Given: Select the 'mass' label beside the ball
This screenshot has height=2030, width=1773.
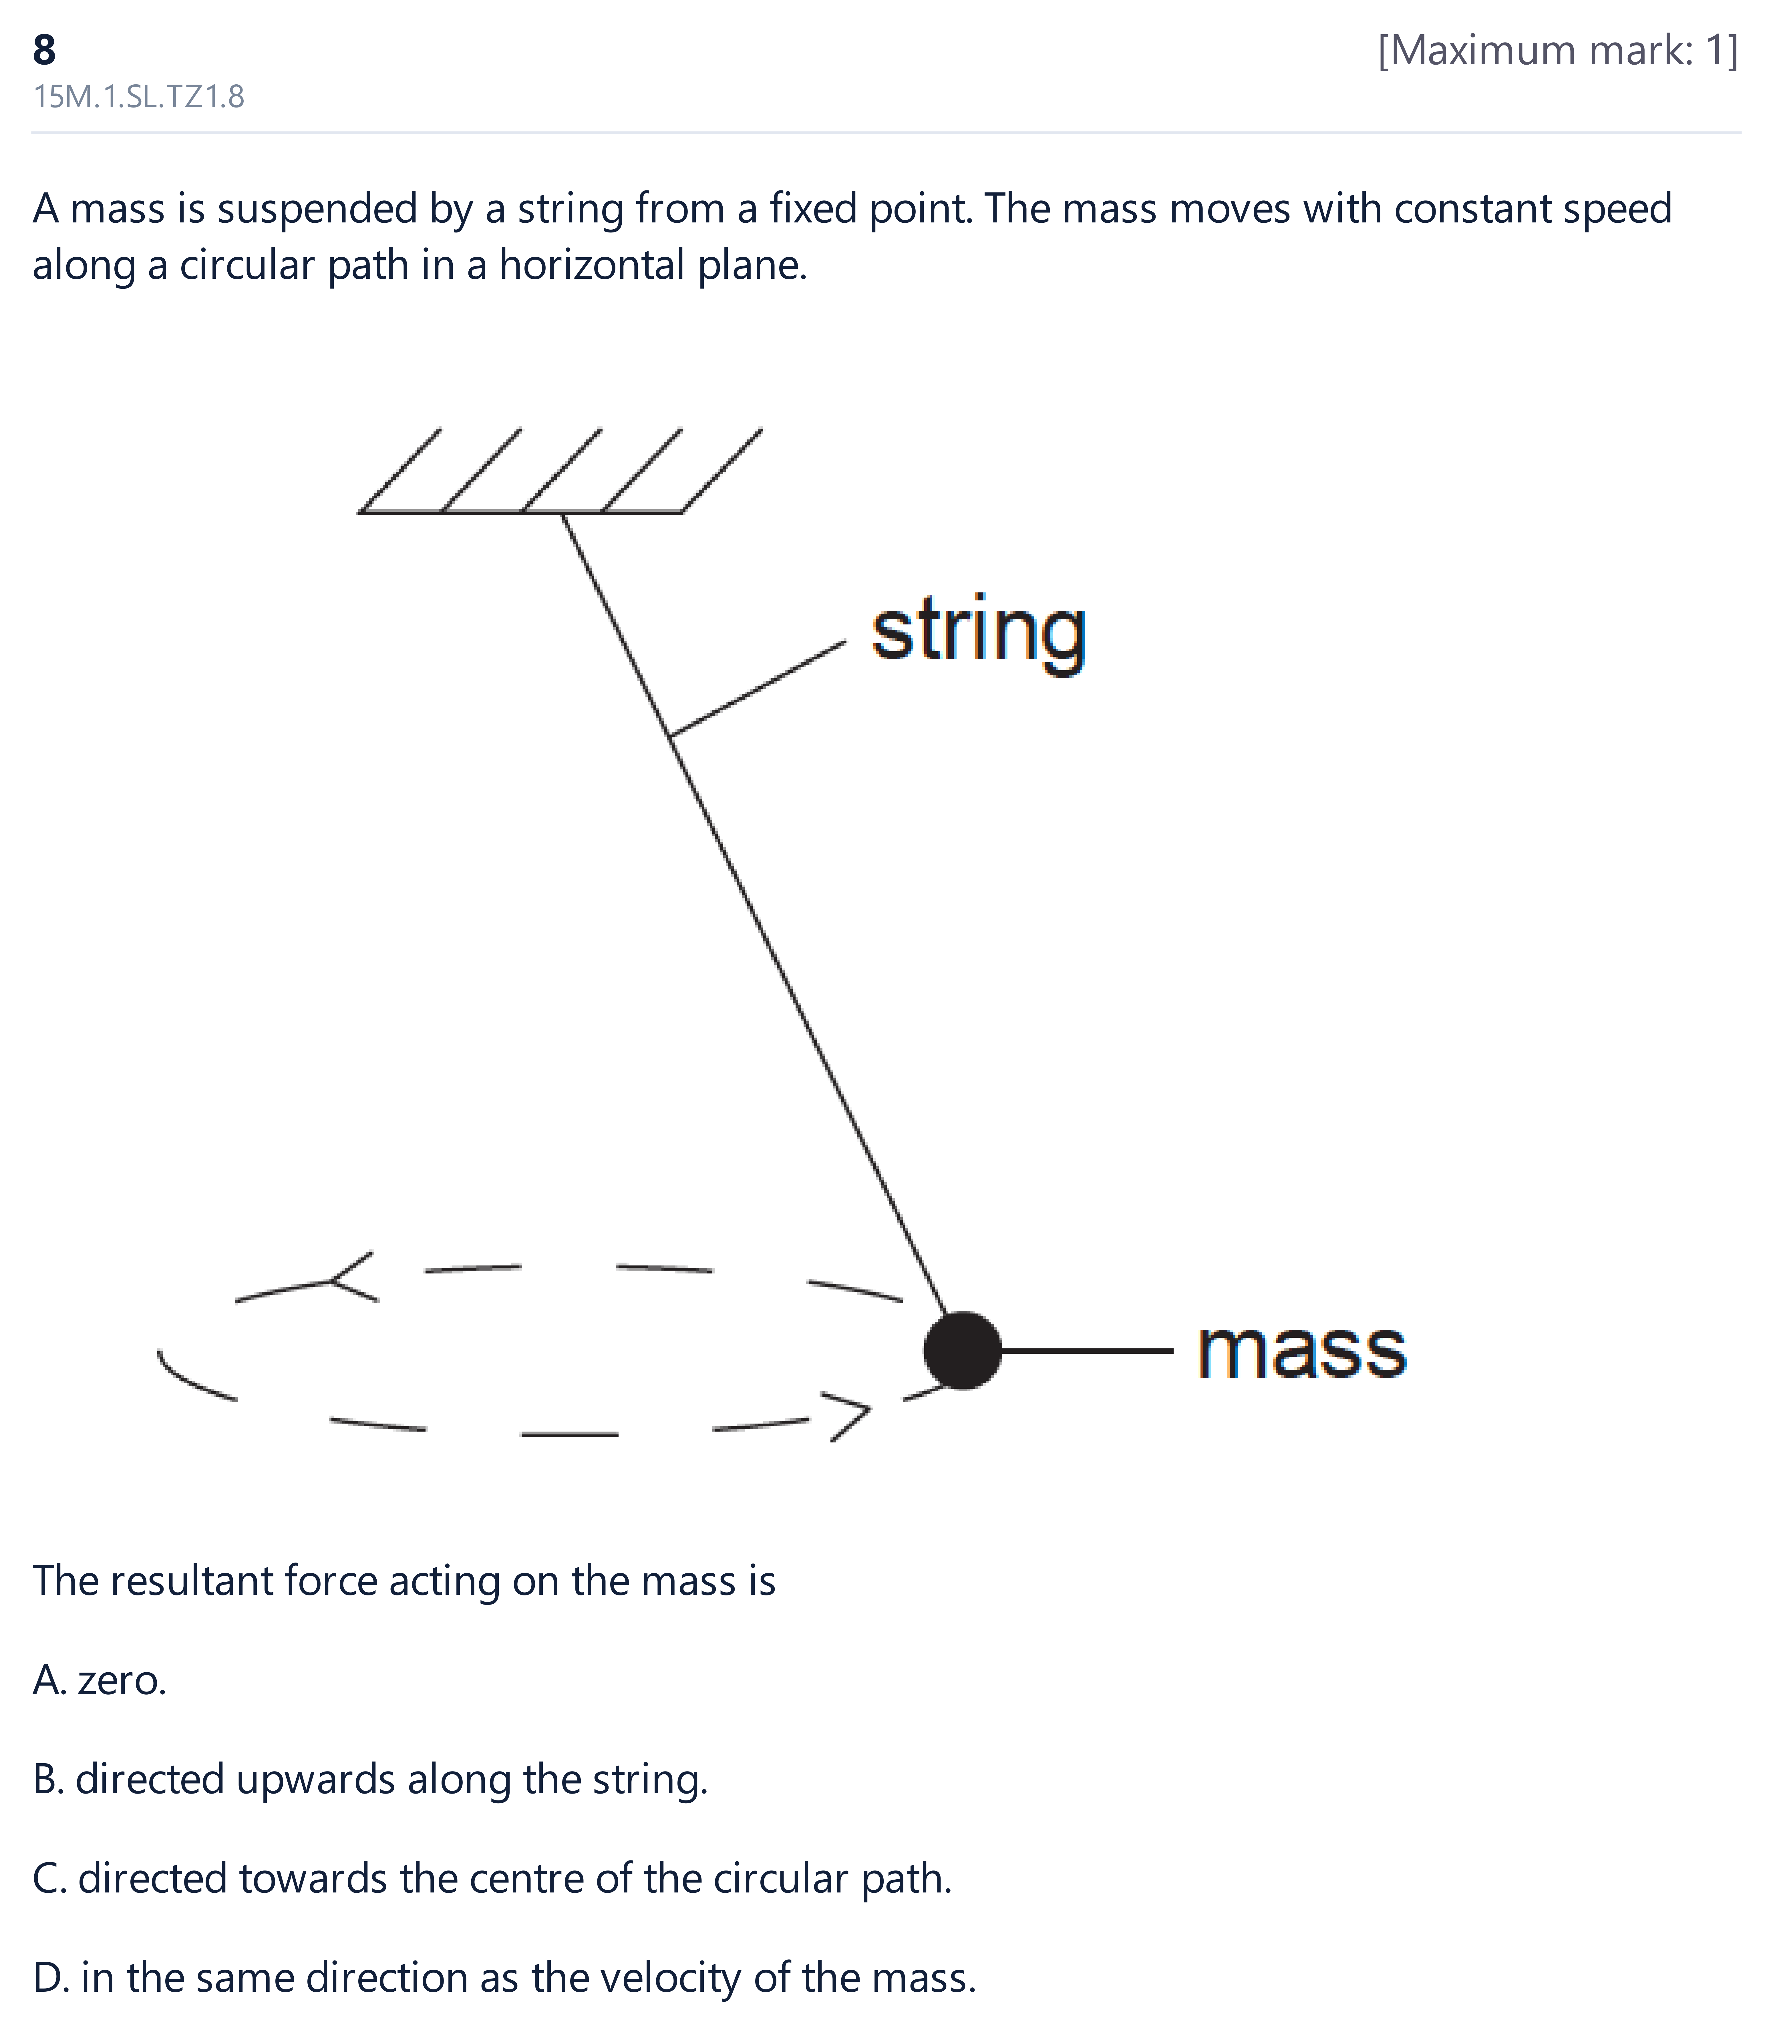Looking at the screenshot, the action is [x=1302, y=1351].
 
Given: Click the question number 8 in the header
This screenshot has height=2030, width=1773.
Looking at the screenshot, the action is [x=45, y=49].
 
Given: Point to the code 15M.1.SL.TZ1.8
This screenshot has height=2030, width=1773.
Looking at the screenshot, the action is [x=138, y=97].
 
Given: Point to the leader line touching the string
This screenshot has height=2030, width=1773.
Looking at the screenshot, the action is [x=758, y=688].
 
